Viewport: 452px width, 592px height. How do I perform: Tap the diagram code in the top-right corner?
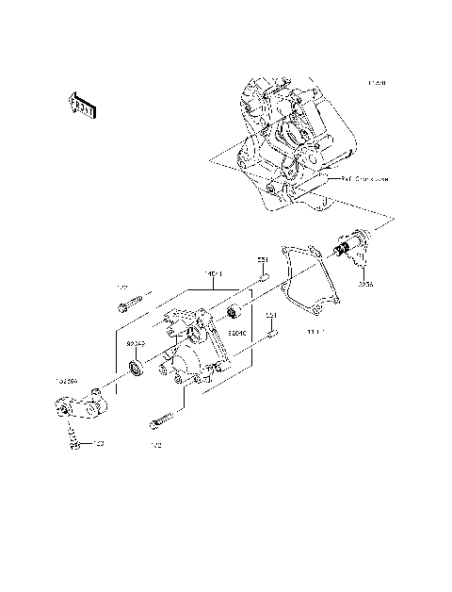376,83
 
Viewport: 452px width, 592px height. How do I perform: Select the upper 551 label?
264,258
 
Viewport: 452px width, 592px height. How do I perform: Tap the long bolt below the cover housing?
162,420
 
